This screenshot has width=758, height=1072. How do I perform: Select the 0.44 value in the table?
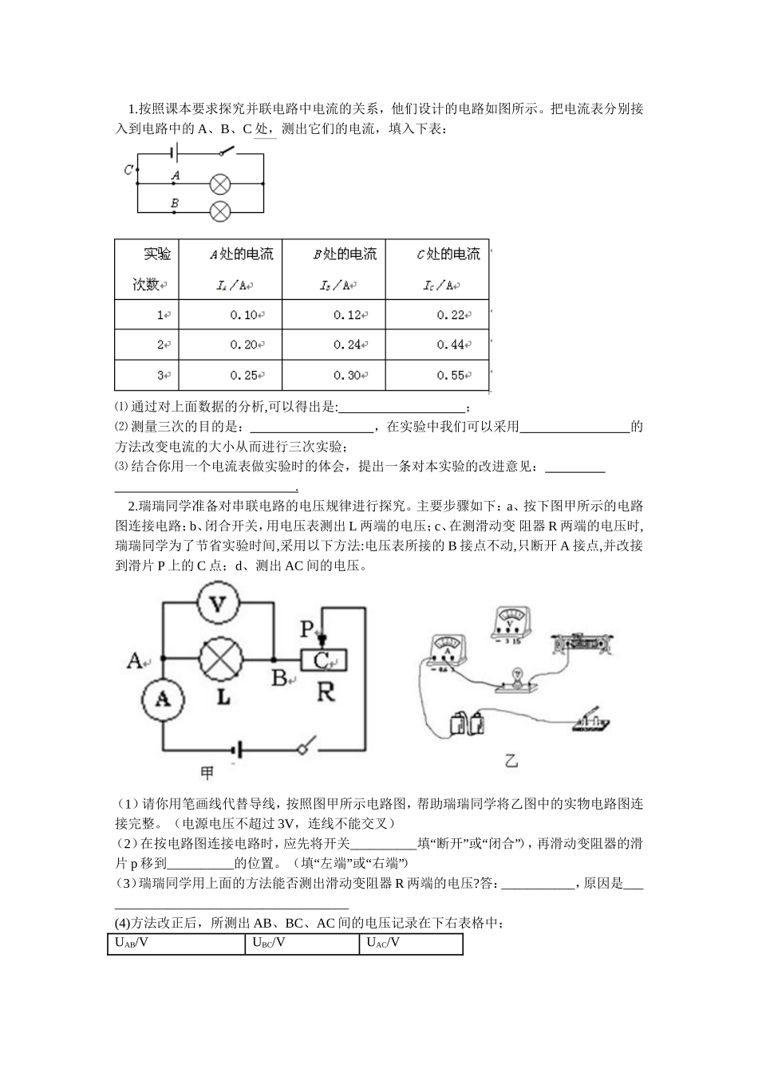click(x=451, y=345)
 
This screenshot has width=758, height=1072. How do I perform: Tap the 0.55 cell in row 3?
click(x=451, y=375)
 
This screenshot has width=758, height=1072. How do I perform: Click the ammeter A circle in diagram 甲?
click(x=163, y=698)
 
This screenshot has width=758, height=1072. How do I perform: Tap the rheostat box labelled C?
click(x=323, y=660)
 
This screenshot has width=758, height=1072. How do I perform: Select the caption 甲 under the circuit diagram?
click(x=207, y=773)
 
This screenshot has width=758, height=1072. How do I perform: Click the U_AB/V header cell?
click(x=176, y=944)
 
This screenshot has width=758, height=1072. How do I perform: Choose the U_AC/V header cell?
click(x=411, y=944)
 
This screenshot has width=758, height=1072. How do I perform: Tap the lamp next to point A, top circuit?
click(x=220, y=184)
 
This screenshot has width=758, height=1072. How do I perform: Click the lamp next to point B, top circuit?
click(x=220, y=211)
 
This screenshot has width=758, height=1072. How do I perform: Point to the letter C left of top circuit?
click(x=128, y=169)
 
